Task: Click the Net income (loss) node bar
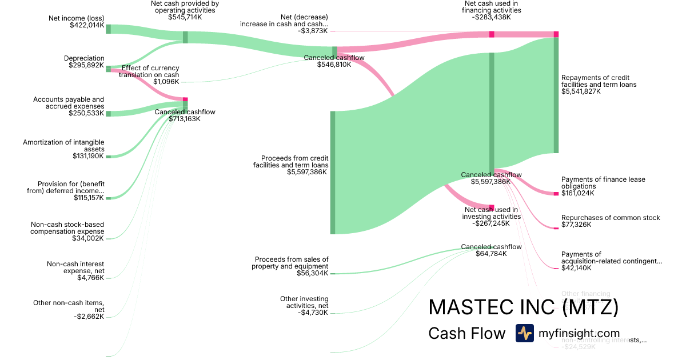point(108,29)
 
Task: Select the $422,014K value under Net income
point(86,26)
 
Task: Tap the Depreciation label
point(84,58)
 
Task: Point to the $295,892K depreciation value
point(86,66)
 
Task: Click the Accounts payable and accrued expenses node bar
point(108,113)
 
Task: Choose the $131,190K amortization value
point(88,156)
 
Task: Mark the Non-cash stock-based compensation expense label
point(67,228)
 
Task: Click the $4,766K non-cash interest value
point(90,278)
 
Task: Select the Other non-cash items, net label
point(69,306)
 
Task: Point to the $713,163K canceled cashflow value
point(185,119)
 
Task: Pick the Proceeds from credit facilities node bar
point(333,173)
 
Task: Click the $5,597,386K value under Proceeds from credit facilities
point(308,172)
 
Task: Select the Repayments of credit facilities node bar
point(556,95)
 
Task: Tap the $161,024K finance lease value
point(577,194)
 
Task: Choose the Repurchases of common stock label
point(611,218)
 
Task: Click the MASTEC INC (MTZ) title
point(523,307)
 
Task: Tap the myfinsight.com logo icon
point(524,333)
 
